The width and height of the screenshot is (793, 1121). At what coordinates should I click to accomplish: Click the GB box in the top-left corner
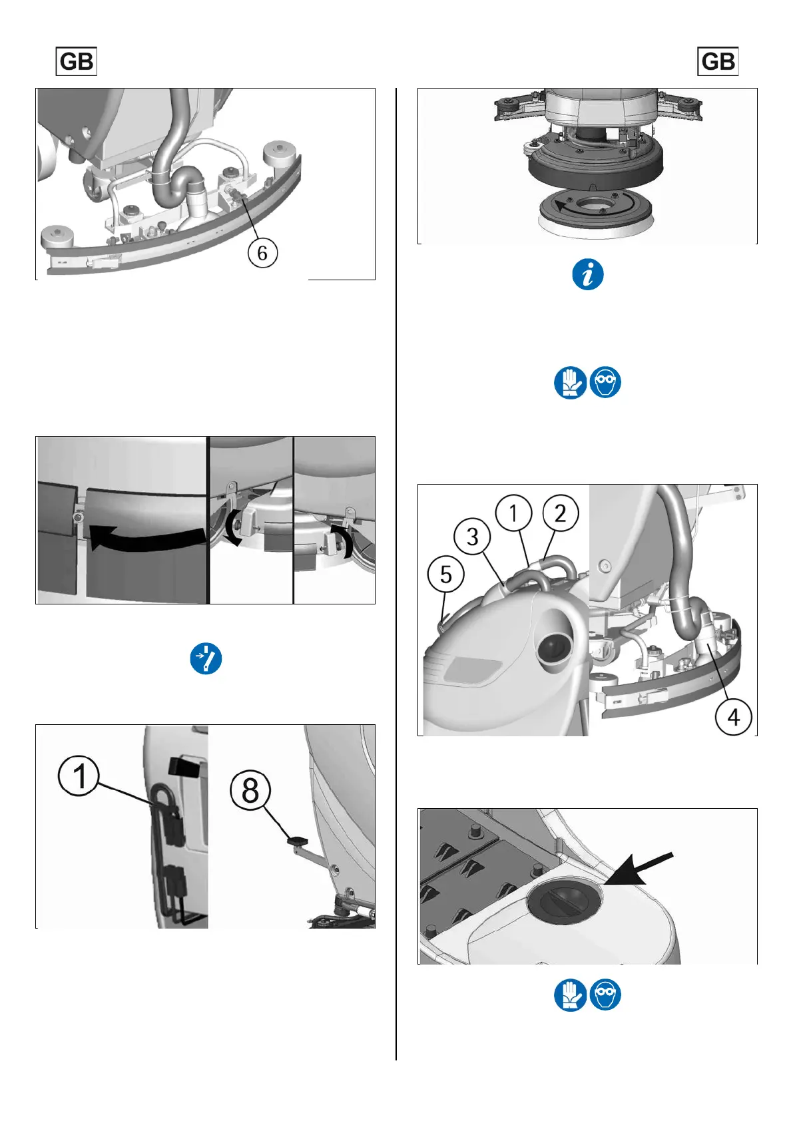pyautogui.click(x=76, y=61)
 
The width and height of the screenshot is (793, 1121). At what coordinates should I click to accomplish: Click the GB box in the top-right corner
pyautogui.click(x=718, y=61)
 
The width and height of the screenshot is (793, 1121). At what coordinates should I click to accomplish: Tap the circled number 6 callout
pyautogui.click(x=263, y=253)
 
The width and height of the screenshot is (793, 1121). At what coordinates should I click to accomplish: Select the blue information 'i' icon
pyautogui.click(x=588, y=274)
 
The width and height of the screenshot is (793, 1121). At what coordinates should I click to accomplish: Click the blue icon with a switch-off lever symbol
pyautogui.click(x=206, y=658)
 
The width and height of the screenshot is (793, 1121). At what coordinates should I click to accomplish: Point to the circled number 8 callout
pyautogui.click(x=250, y=790)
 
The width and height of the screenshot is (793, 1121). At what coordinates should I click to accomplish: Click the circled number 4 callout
pyautogui.click(x=734, y=717)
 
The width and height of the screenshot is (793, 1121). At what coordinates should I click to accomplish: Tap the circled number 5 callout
pyautogui.click(x=445, y=574)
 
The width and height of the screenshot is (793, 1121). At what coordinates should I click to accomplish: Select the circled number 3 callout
pyautogui.click(x=472, y=537)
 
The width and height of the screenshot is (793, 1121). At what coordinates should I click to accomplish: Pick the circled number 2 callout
pyautogui.click(x=560, y=513)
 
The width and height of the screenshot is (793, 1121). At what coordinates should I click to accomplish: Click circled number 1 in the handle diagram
pyautogui.click(x=513, y=513)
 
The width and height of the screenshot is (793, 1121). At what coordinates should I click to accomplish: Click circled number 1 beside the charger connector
pyautogui.click(x=79, y=776)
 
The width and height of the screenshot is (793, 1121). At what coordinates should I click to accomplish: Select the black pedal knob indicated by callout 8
pyautogui.click(x=298, y=839)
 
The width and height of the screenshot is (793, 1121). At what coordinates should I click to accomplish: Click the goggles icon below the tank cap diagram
pyautogui.click(x=605, y=995)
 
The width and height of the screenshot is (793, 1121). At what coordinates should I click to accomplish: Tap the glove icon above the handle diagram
pyautogui.click(x=570, y=383)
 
